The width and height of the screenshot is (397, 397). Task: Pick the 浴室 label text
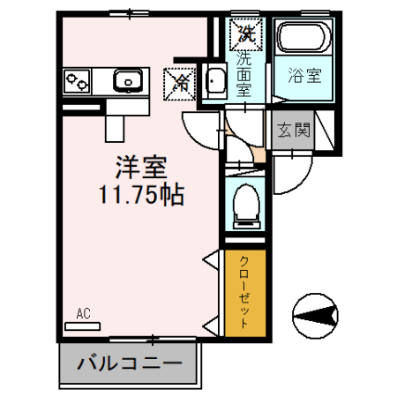point(303,76)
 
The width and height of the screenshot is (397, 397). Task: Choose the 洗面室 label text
point(243,76)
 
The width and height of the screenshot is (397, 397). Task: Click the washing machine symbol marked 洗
point(244,36)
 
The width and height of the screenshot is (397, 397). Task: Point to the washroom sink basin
point(214,82)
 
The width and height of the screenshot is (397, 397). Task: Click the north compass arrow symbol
point(318,314)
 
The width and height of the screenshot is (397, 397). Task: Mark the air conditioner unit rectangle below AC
point(83,325)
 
